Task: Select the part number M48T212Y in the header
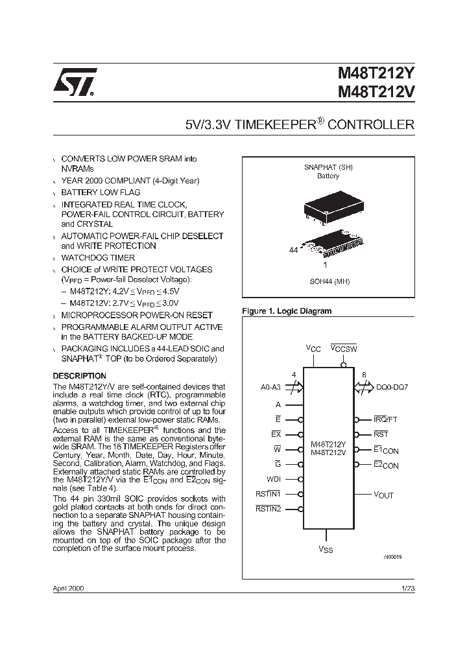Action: coord(376,75)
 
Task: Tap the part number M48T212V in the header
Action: coord(376,92)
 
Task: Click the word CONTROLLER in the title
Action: coord(371,124)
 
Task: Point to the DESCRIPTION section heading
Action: coord(79,376)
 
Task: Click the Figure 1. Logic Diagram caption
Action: coord(287,311)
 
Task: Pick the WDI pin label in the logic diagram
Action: coord(274,479)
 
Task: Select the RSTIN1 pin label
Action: coord(269,495)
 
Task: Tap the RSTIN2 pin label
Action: coord(269,510)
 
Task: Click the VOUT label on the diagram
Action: coord(383,495)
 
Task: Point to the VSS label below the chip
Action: coord(326,550)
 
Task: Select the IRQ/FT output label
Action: coord(386,419)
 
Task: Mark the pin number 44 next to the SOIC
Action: coord(293,249)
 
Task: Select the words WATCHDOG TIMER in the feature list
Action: coord(98,257)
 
